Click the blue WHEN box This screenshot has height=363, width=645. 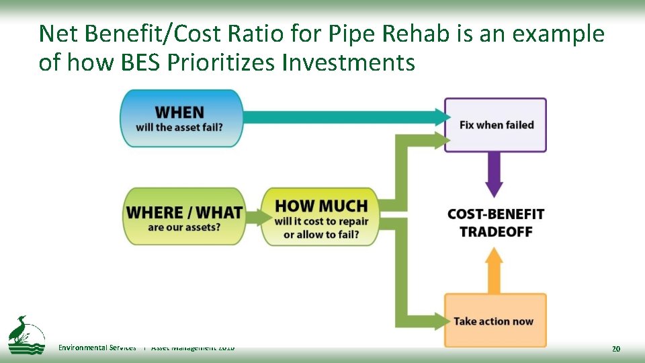coord(181,118)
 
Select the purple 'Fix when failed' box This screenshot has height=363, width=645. coord(496,125)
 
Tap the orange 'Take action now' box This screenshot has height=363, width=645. coord(494,321)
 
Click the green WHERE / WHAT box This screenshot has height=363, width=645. coord(183,216)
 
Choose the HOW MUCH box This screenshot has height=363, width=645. coord(320,216)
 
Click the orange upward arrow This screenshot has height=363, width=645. coord(494,268)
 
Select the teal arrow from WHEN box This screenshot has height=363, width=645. coord(343,117)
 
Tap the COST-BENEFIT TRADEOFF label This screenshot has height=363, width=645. coord(496,223)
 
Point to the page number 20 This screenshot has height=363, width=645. coord(615,348)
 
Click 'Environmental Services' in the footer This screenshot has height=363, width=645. coord(97,348)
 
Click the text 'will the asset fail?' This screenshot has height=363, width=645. coord(179,128)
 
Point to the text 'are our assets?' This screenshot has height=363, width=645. coord(183,227)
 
